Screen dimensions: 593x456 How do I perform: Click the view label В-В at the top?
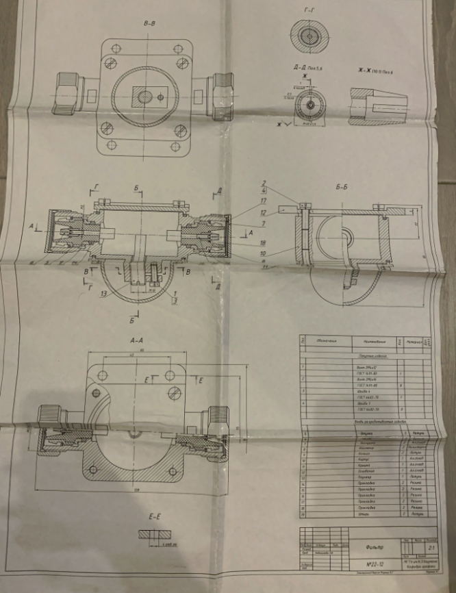point(149,24)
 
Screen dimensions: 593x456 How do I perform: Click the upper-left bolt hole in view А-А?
point(102,375)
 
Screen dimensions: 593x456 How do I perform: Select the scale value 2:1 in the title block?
point(431,548)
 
